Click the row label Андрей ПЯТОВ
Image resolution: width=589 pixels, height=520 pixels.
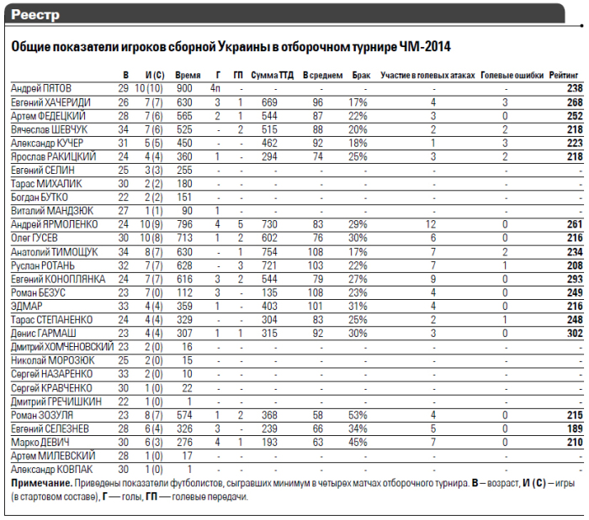tap(41, 87)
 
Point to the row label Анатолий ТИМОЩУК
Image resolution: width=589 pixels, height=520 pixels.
tap(55, 251)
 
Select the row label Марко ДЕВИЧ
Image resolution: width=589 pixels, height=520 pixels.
tap(40, 442)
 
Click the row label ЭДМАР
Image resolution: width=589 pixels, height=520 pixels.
tap(28, 306)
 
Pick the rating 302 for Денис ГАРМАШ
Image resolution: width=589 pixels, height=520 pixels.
tap(574, 333)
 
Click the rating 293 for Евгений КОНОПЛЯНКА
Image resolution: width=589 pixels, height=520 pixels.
tap(574, 278)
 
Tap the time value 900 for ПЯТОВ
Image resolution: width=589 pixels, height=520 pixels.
tap(184, 87)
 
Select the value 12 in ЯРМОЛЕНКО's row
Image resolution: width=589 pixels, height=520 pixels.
tap(432, 224)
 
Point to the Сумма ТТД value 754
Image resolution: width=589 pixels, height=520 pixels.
tap(269, 251)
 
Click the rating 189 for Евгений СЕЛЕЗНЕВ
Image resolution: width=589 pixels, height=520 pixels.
tap(574, 428)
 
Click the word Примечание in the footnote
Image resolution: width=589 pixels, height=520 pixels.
tap(40, 483)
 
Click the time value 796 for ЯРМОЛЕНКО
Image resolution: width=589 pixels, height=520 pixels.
tap(184, 224)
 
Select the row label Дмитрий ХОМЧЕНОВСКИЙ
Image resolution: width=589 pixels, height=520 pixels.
tap(63, 347)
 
